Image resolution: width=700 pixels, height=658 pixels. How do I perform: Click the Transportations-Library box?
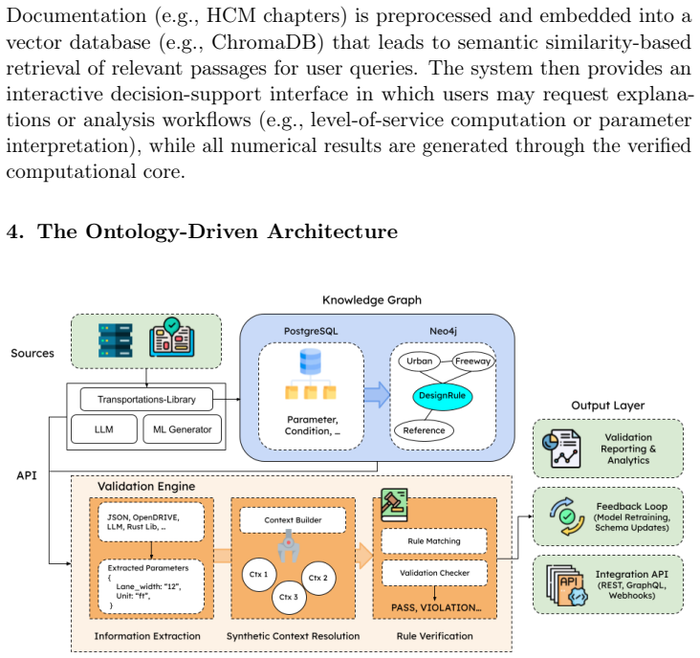pyautogui.click(x=146, y=399)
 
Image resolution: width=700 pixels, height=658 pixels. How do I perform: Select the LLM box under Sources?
pyautogui.click(x=104, y=429)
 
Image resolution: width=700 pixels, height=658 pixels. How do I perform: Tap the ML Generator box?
pyautogui.click(x=182, y=429)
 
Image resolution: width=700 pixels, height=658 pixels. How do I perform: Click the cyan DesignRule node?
pyautogui.click(x=443, y=396)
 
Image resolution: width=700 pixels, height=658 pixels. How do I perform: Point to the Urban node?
pyautogui.click(x=419, y=361)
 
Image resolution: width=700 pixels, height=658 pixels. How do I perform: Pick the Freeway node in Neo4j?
pyautogui.click(x=473, y=361)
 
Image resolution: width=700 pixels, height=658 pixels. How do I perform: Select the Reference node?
pyautogui.click(x=424, y=430)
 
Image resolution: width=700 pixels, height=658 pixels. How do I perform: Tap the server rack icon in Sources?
pyautogui.click(x=115, y=340)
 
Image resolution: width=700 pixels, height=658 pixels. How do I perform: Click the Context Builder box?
pyautogui.click(x=293, y=520)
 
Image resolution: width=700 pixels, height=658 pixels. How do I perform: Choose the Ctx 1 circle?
pyautogui.click(x=259, y=575)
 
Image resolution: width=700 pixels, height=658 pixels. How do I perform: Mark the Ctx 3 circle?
pyautogui.click(x=289, y=597)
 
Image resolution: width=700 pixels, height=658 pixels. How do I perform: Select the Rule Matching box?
pyautogui.click(x=434, y=541)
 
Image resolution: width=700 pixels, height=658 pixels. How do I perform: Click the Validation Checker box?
pyautogui.click(x=434, y=573)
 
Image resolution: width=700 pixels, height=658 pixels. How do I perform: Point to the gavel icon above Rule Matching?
pyautogui.click(x=394, y=505)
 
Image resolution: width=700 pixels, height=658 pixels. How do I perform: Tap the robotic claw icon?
pyautogui.click(x=289, y=546)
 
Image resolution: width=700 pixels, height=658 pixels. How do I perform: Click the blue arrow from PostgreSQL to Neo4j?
pyautogui.click(x=377, y=395)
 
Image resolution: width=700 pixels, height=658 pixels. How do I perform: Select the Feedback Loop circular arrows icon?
pyautogui.click(x=566, y=516)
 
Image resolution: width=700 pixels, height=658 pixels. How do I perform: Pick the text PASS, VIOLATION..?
pyautogui.click(x=436, y=607)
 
